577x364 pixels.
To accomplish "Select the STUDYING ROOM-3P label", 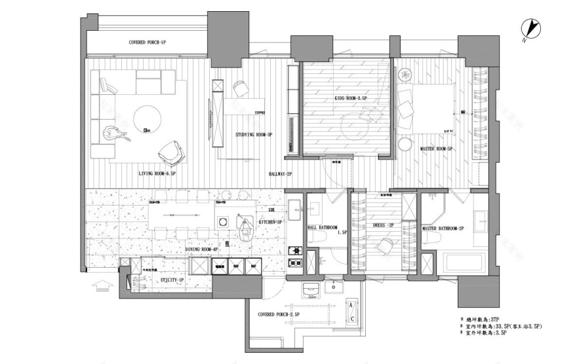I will point(254,135).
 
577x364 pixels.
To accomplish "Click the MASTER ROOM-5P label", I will point(437,149).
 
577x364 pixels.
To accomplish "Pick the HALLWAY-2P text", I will point(280,174).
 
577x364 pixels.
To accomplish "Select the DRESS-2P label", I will point(382,224).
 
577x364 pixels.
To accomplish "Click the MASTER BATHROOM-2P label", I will point(443,228).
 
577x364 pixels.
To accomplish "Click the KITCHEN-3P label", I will point(270,223).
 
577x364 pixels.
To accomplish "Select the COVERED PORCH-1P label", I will point(147,43).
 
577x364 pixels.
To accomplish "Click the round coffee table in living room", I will point(148,119).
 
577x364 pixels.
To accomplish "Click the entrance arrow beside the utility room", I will point(102,285).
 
